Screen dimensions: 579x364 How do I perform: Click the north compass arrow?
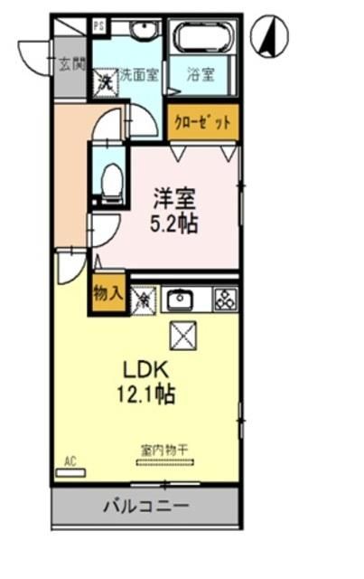tap(269, 38)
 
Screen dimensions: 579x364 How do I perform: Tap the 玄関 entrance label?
tap(71, 65)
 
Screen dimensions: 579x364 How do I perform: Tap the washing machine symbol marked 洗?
tap(105, 80)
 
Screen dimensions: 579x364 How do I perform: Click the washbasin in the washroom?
tap(143, 33)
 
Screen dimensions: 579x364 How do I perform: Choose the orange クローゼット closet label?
tap(202, 121)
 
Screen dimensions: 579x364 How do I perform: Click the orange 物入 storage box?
tap(107, 294)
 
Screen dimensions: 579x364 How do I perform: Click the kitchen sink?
tap(182, 299)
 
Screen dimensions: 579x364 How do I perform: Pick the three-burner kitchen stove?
tap(224, 299)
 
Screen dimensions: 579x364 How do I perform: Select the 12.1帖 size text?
tap(144, 394)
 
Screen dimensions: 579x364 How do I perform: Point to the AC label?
tap(69, 460)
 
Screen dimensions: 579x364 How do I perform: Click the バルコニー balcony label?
tap(145, 507)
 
